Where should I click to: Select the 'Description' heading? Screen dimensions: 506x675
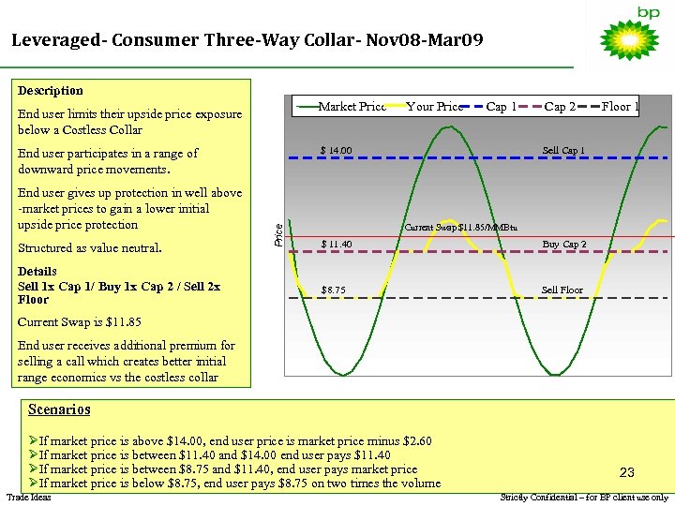coord(51,91)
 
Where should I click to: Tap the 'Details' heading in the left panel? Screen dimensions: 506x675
coord(37,272)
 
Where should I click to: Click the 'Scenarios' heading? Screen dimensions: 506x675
coord(59,409)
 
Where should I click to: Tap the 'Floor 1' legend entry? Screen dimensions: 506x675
coord(620,107)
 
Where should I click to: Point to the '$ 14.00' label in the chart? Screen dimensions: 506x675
coord(336,150)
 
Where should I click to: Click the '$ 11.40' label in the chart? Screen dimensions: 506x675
coord(336,245)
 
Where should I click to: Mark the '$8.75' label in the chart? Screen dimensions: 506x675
coord(334,290)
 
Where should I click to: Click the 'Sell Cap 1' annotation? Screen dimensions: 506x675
coord(563,150)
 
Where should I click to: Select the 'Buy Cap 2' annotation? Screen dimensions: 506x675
coord(564,245)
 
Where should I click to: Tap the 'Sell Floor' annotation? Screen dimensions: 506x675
coord(562,290)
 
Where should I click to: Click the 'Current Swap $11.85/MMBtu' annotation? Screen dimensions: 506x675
coord(460,228)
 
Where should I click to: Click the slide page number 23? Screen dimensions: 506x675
coord(627,473)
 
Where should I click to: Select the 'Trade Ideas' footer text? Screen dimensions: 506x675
coord(28,497)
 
